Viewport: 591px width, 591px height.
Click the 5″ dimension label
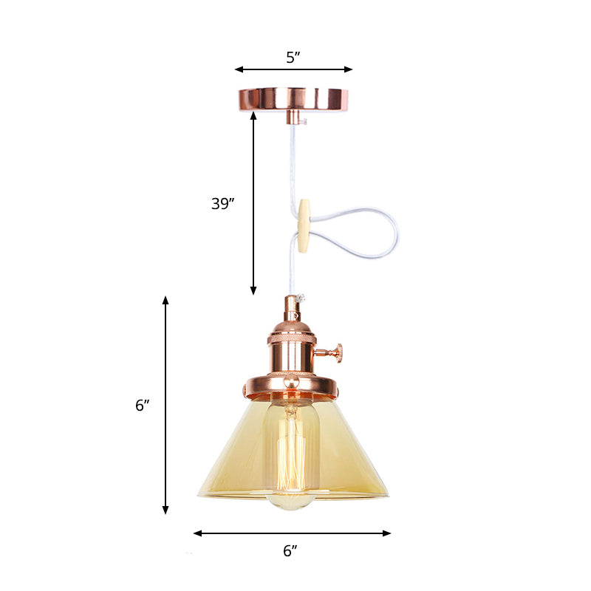(293, 58)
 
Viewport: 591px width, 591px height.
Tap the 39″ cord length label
(222, 204)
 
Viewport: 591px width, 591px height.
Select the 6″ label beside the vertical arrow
(143, 405)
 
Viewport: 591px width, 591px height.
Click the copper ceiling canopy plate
(293, 98)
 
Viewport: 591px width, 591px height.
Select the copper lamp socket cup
(293, 347)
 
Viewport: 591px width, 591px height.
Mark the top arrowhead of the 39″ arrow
(254, 115)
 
